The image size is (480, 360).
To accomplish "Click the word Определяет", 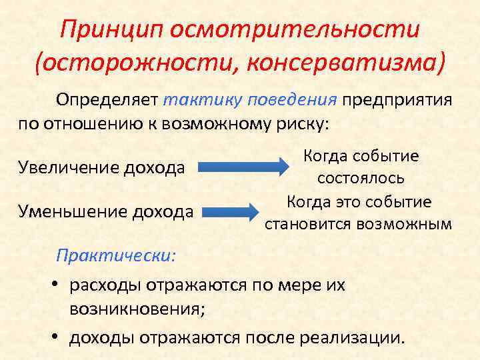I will (107, 100).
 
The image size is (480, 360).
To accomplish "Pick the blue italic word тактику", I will (202, 100).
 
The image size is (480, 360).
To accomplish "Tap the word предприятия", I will (397, 100).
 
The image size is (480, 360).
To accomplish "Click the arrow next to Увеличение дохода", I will (243, 167).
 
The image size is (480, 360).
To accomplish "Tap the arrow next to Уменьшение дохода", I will (230, 213).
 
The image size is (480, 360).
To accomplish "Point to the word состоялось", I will (360, 178).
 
